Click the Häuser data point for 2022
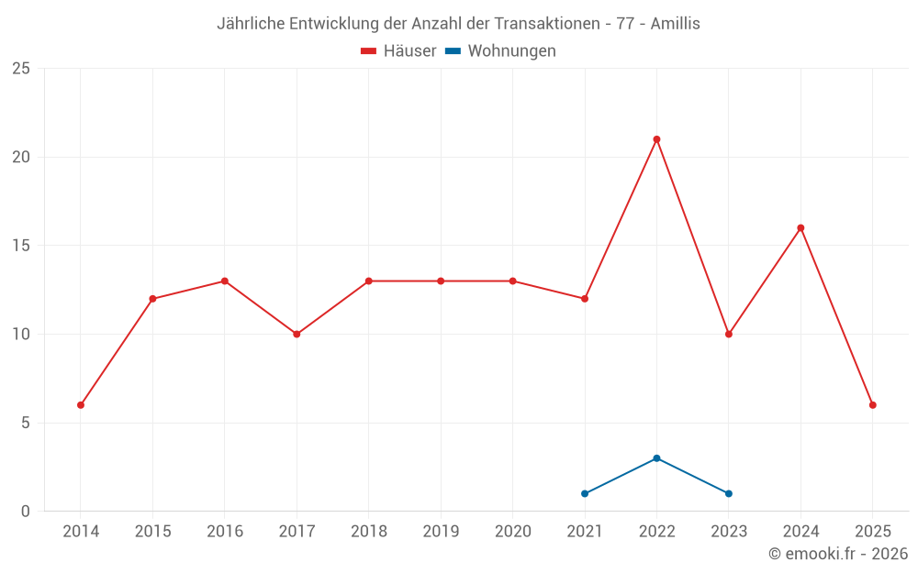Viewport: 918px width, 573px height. pyautogui.click(x=656, y=139)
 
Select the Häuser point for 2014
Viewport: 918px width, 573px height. pyautogui.click(x=81, y=405)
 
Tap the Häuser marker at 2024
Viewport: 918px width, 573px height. pyautogui.click(x=800, y=228)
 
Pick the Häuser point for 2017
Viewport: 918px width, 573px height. pyautogui.click(x=297, y=335)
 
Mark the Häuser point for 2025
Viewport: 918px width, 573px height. pyautogui.click(x=872, y=405)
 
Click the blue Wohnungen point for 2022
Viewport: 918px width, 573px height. pyautogui.click(x=656, y=458)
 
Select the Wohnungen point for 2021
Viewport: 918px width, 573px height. pyautogui.click(x=585, y=494)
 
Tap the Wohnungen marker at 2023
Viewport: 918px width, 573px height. pyautogui.click(x=729, y=494)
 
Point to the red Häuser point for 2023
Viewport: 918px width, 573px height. pyautogui.click(x=729, y=335)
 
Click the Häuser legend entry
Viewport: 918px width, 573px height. pyautogui.click(x=398, y=51)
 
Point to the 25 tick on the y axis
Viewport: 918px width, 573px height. pyautogui.click(x=21, y=69)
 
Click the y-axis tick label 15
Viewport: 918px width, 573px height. pyautogui.click(x=21, y=246)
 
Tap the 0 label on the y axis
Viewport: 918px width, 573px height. pyautogui.click(x=26, y=512)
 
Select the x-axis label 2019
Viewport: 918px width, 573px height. pyautogui.click(x=441, y=532)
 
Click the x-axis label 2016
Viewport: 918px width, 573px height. pyautogui.click(x=225, y=532)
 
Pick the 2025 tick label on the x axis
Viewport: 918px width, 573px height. pyautogui.click(x=872, y=532)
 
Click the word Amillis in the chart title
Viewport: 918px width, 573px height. pyautogui.click(x=675, y=24)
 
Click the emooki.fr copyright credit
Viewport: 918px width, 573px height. pyautogui.click(x=838, y=555)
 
